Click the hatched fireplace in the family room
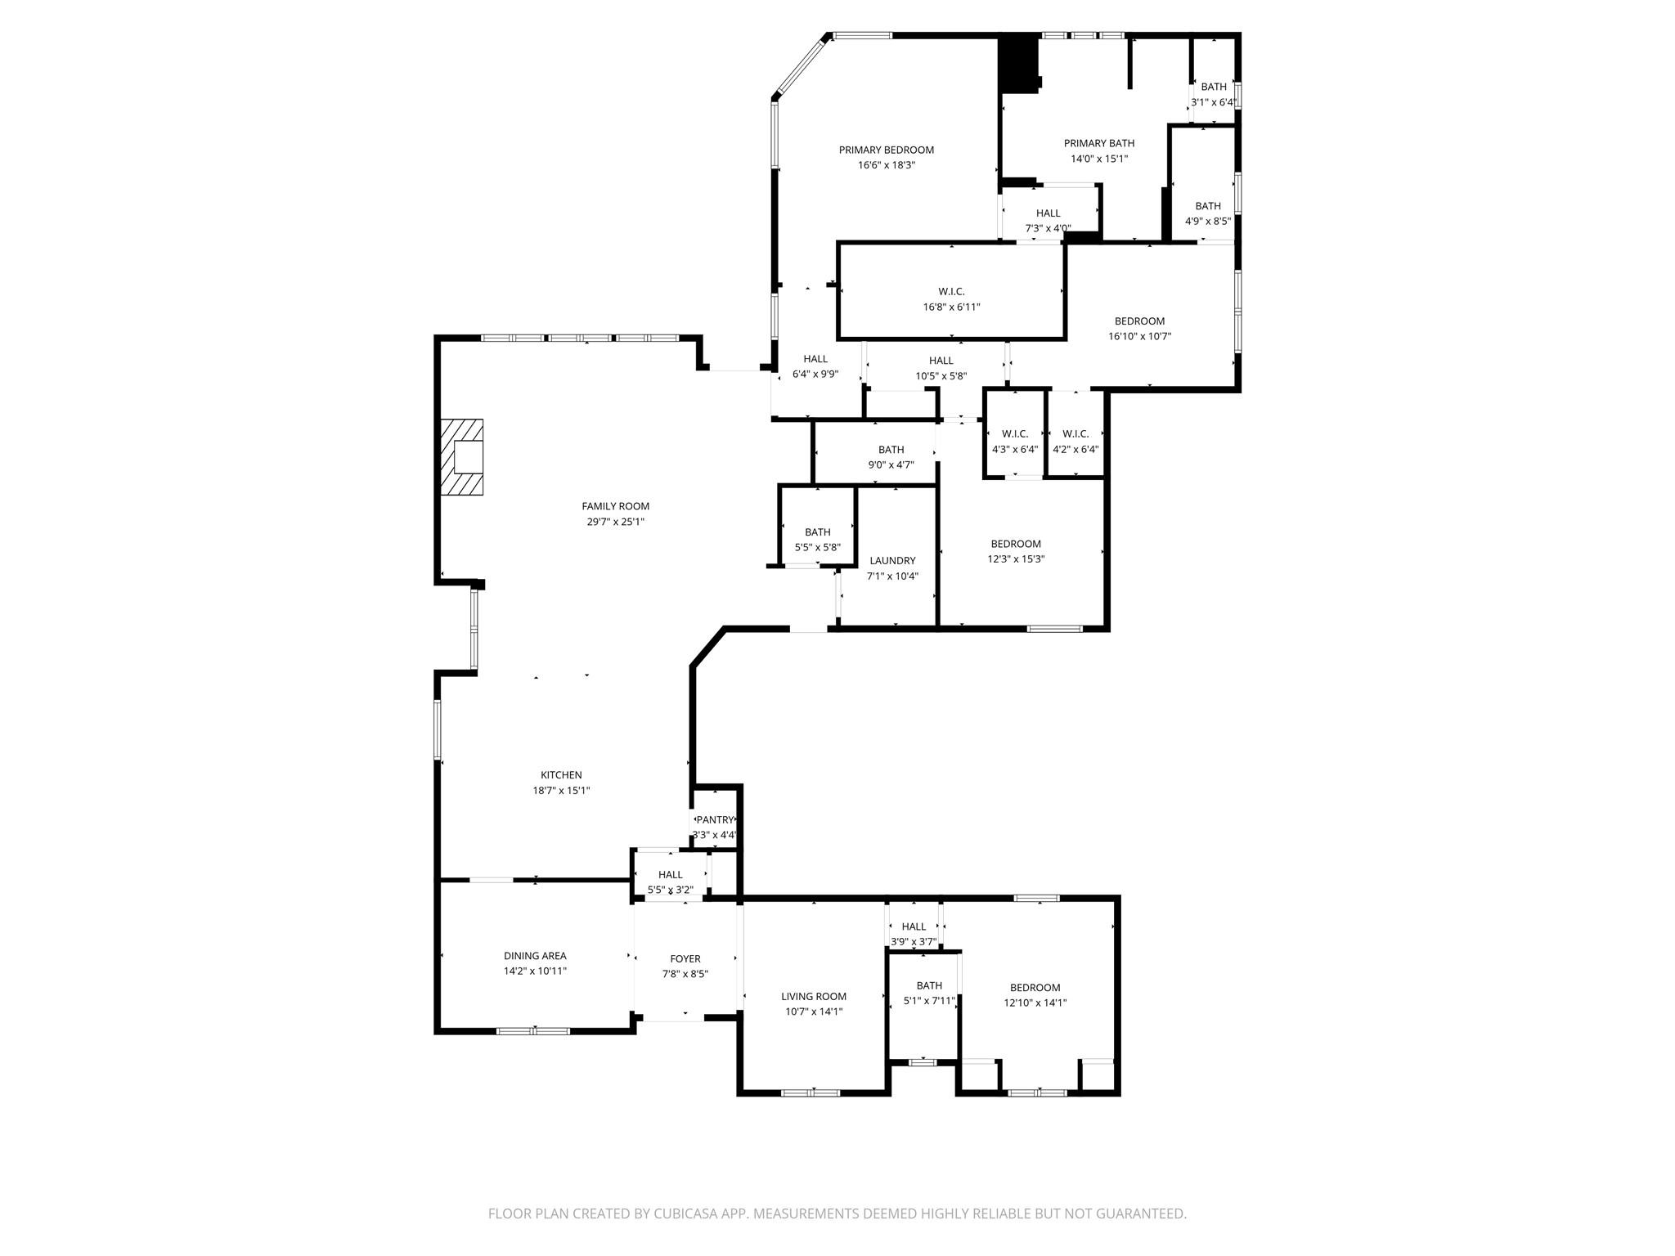point(462,457)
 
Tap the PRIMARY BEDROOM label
point(886,150)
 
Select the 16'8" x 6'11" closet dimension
point(951,307)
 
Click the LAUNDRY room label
point(892,561)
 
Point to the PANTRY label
point(715,820)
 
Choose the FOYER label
point(685,959)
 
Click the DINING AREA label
point(535,956)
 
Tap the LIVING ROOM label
point(813,997)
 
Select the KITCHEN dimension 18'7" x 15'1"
point(561,791)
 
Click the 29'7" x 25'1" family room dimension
point(615,522)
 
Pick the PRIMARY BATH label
point(1099,143)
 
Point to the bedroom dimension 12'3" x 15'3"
point(1016,559)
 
